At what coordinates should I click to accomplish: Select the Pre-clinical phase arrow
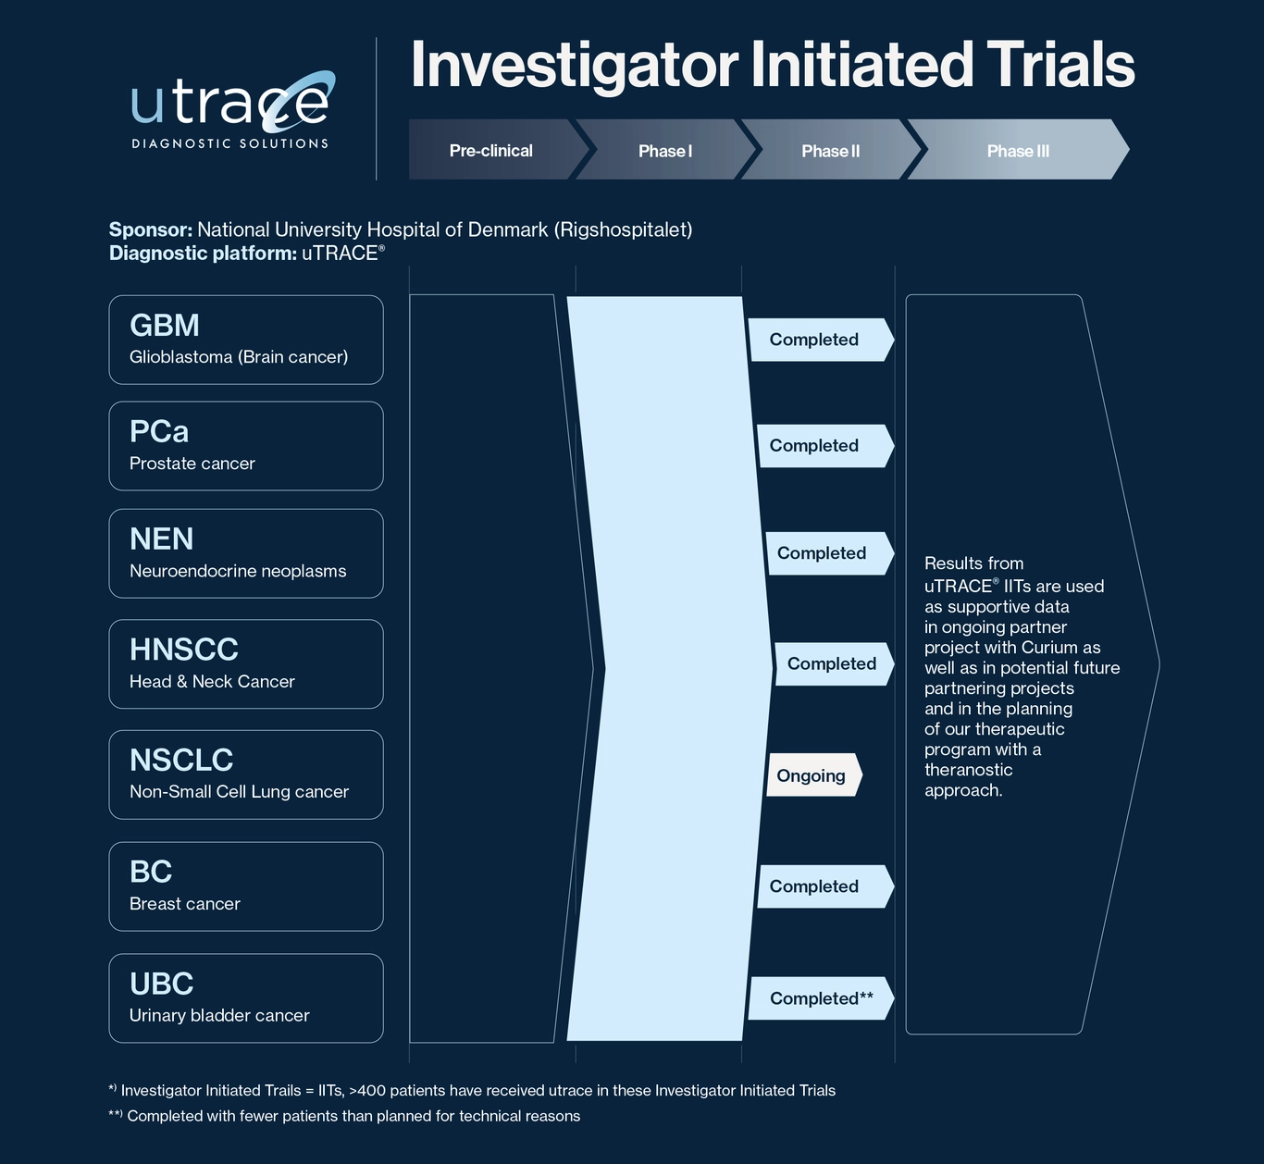498,150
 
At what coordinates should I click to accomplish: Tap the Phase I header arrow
665,150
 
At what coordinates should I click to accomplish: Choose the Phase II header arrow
831,150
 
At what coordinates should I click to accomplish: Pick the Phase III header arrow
1018,150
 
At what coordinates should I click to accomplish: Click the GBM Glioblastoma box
246,340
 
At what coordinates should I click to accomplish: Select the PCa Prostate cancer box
246,446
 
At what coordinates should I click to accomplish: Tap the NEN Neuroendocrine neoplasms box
246,553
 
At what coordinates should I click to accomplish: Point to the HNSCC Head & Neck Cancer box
246,664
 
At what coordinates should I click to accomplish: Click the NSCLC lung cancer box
246,774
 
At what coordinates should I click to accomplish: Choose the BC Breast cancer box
246,886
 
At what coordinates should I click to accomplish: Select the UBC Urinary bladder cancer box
246,998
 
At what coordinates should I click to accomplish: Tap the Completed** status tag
821,998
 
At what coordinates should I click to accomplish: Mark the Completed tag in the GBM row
821,340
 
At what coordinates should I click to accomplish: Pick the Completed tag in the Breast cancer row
825,886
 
